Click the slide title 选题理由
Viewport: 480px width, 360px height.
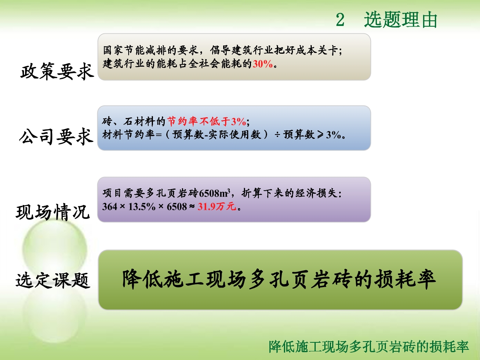[400, 20]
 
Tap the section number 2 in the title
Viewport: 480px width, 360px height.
[340, 20]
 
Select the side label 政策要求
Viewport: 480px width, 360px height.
[57, 71]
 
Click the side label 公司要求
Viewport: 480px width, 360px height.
[56, 136]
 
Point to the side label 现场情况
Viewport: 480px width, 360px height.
[53, 212]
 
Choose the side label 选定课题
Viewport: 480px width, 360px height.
[53, 280]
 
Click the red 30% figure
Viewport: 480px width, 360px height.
[263, 64]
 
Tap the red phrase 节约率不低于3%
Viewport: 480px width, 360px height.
[206, 121]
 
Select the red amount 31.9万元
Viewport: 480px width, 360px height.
[217, 206]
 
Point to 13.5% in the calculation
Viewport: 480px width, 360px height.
[142, 207]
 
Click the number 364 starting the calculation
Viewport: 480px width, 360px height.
[109, 207]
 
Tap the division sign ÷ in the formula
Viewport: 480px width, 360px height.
[277, 135]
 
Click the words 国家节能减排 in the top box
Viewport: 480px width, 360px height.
[135, 50]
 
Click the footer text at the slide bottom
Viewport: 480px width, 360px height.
[369, 346]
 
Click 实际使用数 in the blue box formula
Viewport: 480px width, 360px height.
[235, 135]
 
